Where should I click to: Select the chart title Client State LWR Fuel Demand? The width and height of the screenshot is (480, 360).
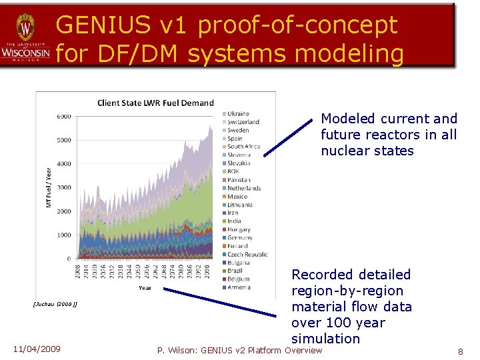[x=155, y=103]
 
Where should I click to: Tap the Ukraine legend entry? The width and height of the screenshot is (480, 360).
[x=238, y=114]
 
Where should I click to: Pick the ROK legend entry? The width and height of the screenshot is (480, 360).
[x=234, y=171]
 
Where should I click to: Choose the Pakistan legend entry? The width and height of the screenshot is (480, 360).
[x=239, y=180]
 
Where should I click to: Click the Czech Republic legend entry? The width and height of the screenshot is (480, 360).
[x=247, y=254]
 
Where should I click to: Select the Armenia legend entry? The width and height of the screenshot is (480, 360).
[x=239, y=287]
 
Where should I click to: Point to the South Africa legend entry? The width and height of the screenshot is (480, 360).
[x=243, y=147]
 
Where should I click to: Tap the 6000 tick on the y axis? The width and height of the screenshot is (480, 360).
[x=63, y=117]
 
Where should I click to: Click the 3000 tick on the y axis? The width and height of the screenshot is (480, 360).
[x=63, y=187]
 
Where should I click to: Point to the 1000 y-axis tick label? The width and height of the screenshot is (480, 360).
[x=63, y=235]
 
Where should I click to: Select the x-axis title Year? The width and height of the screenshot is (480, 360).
[x=145, y=288]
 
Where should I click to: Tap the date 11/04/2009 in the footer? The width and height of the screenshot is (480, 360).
[x=37, y=349]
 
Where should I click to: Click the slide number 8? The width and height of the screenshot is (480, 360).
[x=460, y=351]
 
